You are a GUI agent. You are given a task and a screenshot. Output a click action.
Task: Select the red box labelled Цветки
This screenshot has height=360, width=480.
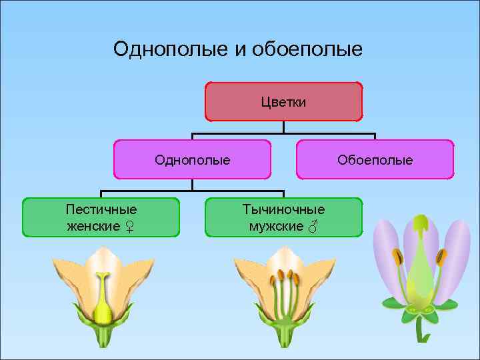click(x=283, y=101)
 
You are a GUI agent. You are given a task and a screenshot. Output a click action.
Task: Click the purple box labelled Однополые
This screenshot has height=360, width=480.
click(x=192, y=159)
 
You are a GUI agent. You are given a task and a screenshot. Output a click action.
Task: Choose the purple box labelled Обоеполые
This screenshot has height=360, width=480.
click(x=375, y=159)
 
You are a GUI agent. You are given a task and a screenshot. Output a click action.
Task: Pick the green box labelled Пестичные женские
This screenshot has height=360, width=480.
click(x=101, y=217)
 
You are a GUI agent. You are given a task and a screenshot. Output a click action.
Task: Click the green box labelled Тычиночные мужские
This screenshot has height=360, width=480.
click(x=283, y=217)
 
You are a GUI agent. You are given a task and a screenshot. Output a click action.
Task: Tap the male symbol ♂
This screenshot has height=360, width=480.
click(x=312, y=227)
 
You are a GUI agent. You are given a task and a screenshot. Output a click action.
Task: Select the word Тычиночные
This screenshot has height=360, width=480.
click(x=283, y=209)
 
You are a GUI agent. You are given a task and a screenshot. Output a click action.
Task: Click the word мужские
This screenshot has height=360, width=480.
click(x=276, y=226)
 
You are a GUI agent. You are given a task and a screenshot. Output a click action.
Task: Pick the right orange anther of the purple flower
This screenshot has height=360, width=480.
click(x=441, y=257)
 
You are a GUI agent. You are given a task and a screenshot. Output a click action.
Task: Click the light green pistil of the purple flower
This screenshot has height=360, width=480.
click(x=419, y=267)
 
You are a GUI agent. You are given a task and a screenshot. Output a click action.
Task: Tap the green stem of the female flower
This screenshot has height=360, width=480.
click(x=103, y=337)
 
